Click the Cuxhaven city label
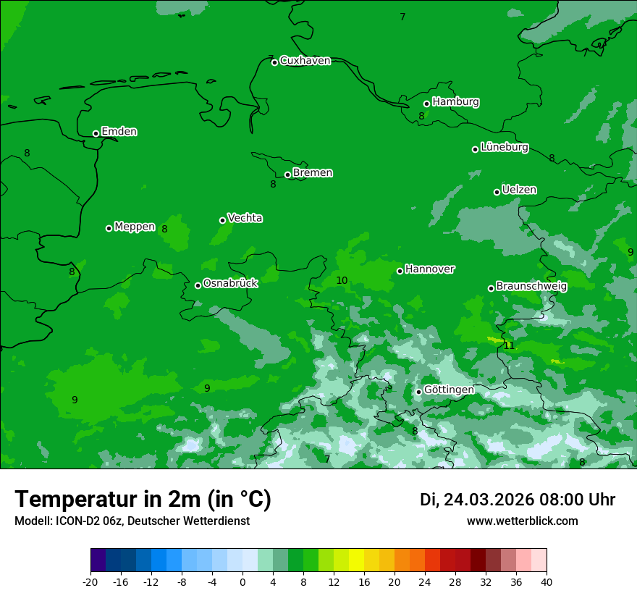click(x=305, y=61)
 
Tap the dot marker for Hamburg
click(x=427, y=104)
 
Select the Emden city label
click(x=119, y=132)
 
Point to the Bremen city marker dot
click(x=287, y=175)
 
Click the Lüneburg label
click(x=504, y=148)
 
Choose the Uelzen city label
click(x=519, y=190)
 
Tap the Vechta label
click(x=245, y=218)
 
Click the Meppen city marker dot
click(x=109, y=228)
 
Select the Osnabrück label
click(x=230, y=284)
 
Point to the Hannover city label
click(x=430, y=269)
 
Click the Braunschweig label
click(x=531, y=287)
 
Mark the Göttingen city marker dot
click(x=418, y=392)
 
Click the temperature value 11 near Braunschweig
click(x=509, y=346)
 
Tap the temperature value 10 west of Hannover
click(x=342, y=281)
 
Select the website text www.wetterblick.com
click(x=522, y=521)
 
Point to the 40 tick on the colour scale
click(x=546, y=581)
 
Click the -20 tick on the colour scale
click(x=90, y=581)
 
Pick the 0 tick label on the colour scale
click(x=242, y=581)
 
